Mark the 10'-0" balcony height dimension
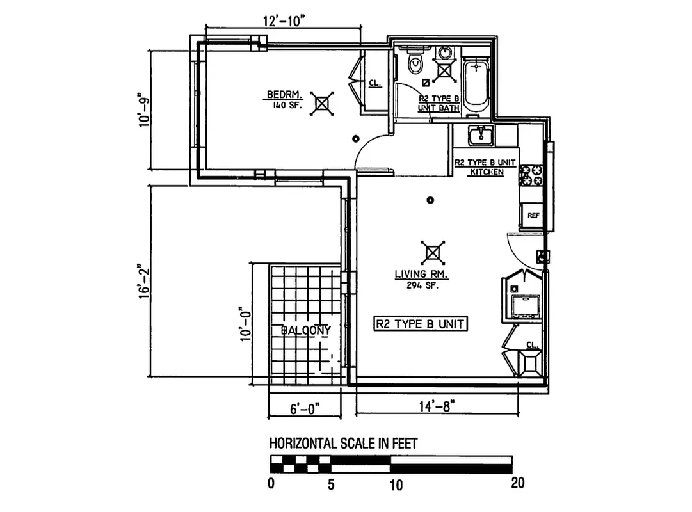point(244,324)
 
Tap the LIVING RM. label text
point(421,276)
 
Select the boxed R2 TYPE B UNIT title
point(421,324)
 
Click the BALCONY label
point(306,330)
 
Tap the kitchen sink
point(479,136)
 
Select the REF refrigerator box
point(533,216)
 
